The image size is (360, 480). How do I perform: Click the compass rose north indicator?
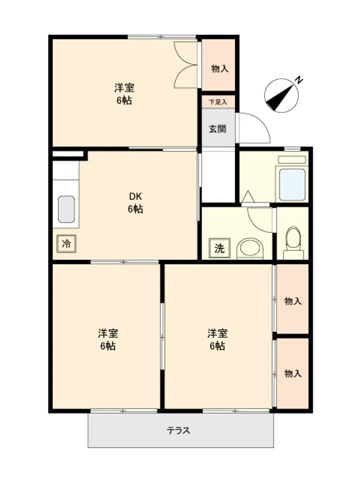[x=281, y=96]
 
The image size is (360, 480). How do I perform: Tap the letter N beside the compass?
[x=299, y=80]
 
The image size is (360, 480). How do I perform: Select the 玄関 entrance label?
[x=217, y=129]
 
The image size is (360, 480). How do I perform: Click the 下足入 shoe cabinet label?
[x=218, y=102]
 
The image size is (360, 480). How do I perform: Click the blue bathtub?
[x=292, y=184]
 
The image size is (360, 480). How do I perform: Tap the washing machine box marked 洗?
[x=219, y=248]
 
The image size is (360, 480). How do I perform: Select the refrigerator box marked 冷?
[x=66, y=244]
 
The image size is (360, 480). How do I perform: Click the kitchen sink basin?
[x=66, y=209]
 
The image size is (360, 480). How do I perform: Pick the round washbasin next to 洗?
[x=250, y=249]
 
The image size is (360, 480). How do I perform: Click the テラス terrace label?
[x=179, y=431]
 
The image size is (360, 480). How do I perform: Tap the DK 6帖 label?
[x=135, y=203]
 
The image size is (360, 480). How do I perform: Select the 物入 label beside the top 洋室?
[x=220, y=69]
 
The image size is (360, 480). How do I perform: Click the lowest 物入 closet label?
[x=293, y=373]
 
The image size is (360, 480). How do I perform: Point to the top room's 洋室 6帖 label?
[x=124, y=94]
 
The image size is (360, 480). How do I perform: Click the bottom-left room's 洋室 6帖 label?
[x=108, y=339]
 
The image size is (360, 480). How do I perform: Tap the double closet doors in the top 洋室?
[x=185, y=65]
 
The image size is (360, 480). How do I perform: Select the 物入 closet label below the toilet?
[x=293, y=301]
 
